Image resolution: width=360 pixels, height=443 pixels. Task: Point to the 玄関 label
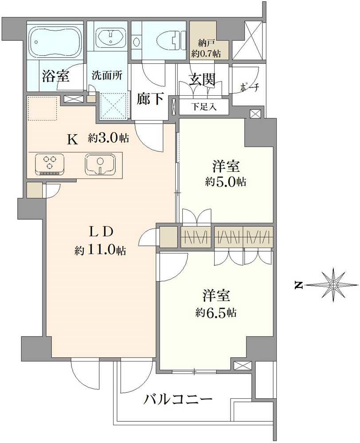[202, 80]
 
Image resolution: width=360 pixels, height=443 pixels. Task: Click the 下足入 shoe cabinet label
[203, 107]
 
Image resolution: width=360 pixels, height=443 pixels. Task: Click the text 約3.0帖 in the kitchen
[108, 138]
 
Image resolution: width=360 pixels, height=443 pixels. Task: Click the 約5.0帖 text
[226, 182]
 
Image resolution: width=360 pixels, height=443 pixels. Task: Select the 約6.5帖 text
[216, 313]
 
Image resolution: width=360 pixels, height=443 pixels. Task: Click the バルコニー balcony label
[178, 400]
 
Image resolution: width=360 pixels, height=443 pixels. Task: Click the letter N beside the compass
[299, 285]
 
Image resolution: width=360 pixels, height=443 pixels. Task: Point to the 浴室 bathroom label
[55, 76]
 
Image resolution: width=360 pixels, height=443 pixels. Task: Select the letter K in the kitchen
[72, 139]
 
